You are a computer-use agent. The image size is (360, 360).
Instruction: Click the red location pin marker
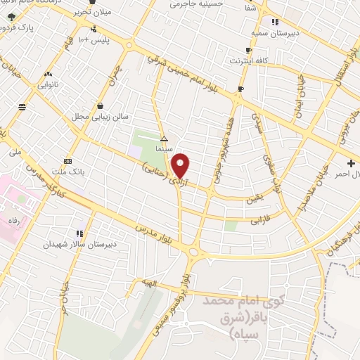coord(181,166)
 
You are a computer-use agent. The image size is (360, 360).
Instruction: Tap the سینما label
coord(164,150)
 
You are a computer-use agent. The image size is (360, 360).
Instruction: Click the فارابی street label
coord(261,220)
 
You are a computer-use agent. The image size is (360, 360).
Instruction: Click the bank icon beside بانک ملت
coord(67,160)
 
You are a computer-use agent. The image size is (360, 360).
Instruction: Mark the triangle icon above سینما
coord(164,139)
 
